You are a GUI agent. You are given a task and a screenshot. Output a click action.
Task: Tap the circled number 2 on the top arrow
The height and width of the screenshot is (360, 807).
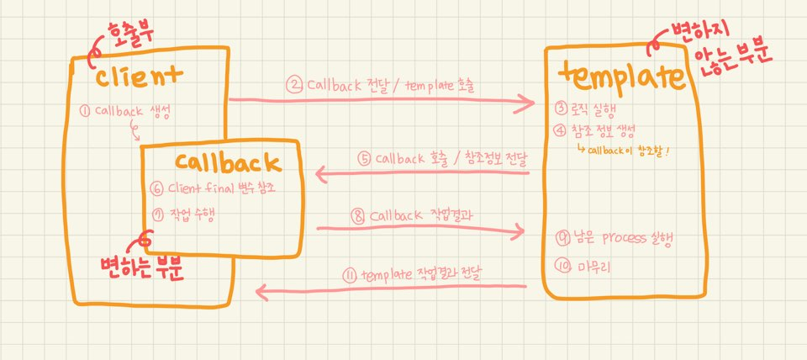click(x=294, y=84)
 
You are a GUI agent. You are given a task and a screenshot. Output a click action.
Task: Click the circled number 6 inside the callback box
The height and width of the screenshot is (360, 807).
click(x=156, y=188)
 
